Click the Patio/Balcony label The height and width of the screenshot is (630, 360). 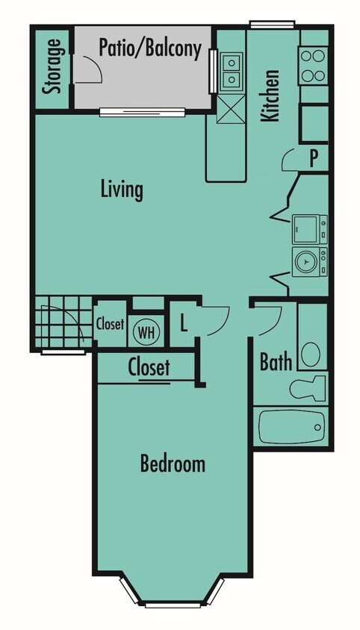[x=150, y=49]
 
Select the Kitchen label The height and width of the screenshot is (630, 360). [x=270, y=96]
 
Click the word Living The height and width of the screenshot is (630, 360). [x=122, y=189]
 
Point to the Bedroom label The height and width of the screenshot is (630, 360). [x=173, y=464]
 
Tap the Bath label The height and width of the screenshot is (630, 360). [x=275, y=362]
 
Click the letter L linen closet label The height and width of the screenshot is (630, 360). [x=184, y=325]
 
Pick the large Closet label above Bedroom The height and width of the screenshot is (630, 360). [x=149, y=367]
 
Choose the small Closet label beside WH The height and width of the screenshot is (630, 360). [x=109, y=324]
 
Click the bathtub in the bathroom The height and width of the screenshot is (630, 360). [x=291, y=427]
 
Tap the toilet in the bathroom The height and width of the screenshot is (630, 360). [x=308, y=387]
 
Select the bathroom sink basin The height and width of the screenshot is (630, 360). [x=312, y=352]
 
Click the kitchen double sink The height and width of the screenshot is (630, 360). [x=232, y=69]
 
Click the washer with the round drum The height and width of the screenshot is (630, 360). [x=307, y=261]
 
